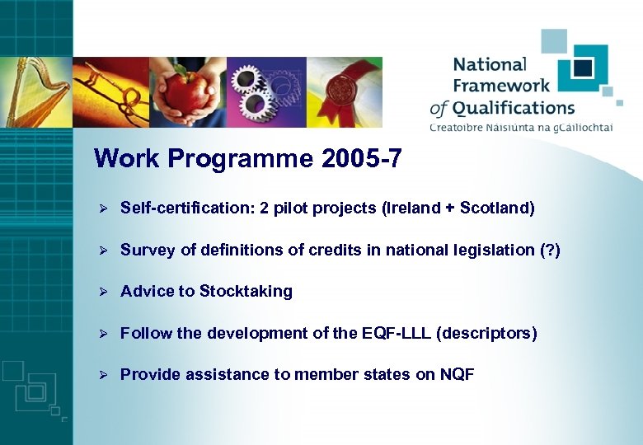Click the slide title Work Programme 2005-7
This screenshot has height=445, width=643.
tap(248, 158)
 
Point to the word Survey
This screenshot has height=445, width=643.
tap(145, 251)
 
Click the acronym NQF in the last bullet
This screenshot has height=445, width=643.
tap(457, 375)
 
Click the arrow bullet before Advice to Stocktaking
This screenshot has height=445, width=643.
tap(105, 292)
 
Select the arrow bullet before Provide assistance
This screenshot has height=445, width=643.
tap(105, 375)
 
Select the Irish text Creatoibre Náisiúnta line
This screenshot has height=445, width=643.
tap(526, 127)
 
